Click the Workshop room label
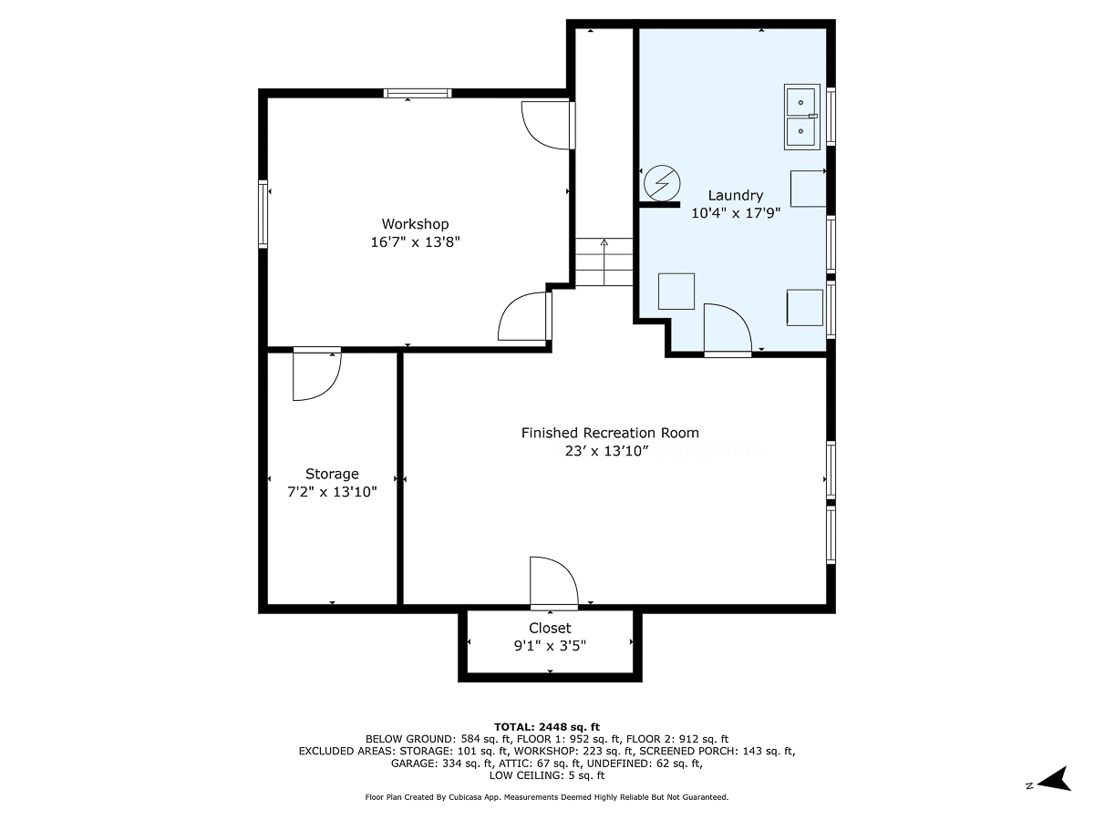415,224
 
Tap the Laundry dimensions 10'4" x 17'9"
735,213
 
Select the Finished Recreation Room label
610,433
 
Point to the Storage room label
332,474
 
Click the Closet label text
550,628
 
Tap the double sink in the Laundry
801,117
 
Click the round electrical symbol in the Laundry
662,183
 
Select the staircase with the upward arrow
604,261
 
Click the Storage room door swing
317,374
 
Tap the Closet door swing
553,583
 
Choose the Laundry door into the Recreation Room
728,330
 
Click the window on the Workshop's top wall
418,93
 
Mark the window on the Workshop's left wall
263,214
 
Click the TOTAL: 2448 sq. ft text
547,727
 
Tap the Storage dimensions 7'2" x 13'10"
332,492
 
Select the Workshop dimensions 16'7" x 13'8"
415,242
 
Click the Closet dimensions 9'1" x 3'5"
550,646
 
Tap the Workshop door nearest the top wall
548,126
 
